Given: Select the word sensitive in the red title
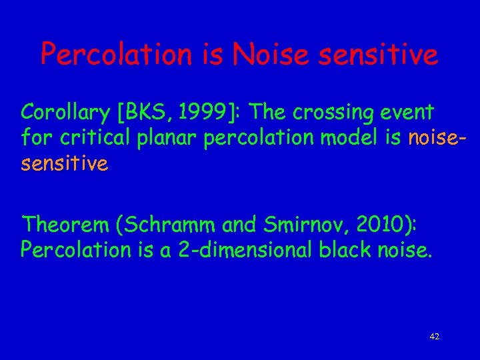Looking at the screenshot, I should click(x=382, y=54).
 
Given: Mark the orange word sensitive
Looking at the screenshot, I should click(x=64, y=163).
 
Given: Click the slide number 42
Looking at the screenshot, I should click(x=435, y=337).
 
